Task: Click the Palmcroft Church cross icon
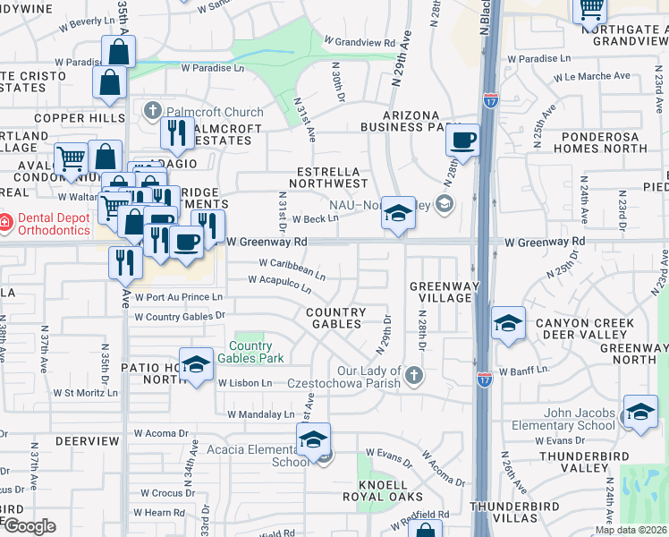[x=151, y=112]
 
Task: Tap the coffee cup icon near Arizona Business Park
[x=462, y=141]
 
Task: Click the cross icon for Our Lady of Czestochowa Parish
[x=412, y=373]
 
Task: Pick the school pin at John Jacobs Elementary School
[x=640, y=413]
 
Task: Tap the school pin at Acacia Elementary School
[x=313, y=440]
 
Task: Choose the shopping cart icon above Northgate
[x=590, y=9]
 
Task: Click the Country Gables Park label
[x=257, y=353]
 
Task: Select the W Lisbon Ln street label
[x=244, y=383]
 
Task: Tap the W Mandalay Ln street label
[x=260, y=414]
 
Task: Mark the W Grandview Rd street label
[x=360, y=42]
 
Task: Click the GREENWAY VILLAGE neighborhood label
[x=441, y=292]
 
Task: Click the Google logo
[x=30, y=526]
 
